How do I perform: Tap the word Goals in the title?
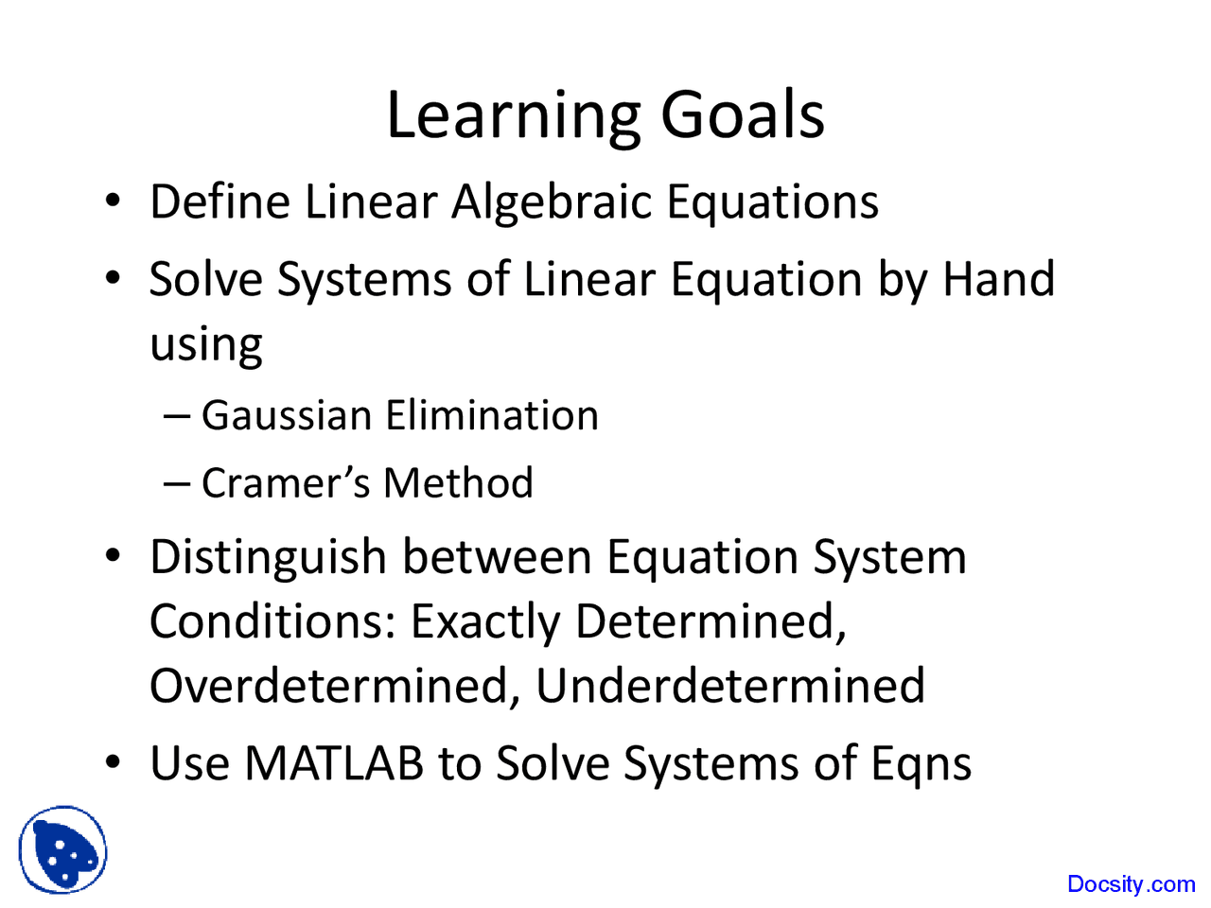coord(742,115)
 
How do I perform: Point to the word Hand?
coord(998,279)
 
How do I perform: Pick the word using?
coord(206,345)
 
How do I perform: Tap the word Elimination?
coord(492,415)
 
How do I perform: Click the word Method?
coord(458,482)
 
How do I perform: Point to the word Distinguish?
coord(268,556)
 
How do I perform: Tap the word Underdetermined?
coord(730,686)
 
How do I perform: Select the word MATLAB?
coord(334,763)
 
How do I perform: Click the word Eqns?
coord(921,764)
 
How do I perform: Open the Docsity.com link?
coord(1131,884)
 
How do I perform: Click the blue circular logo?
coord(63,850)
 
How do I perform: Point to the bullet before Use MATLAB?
coord(114,762)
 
